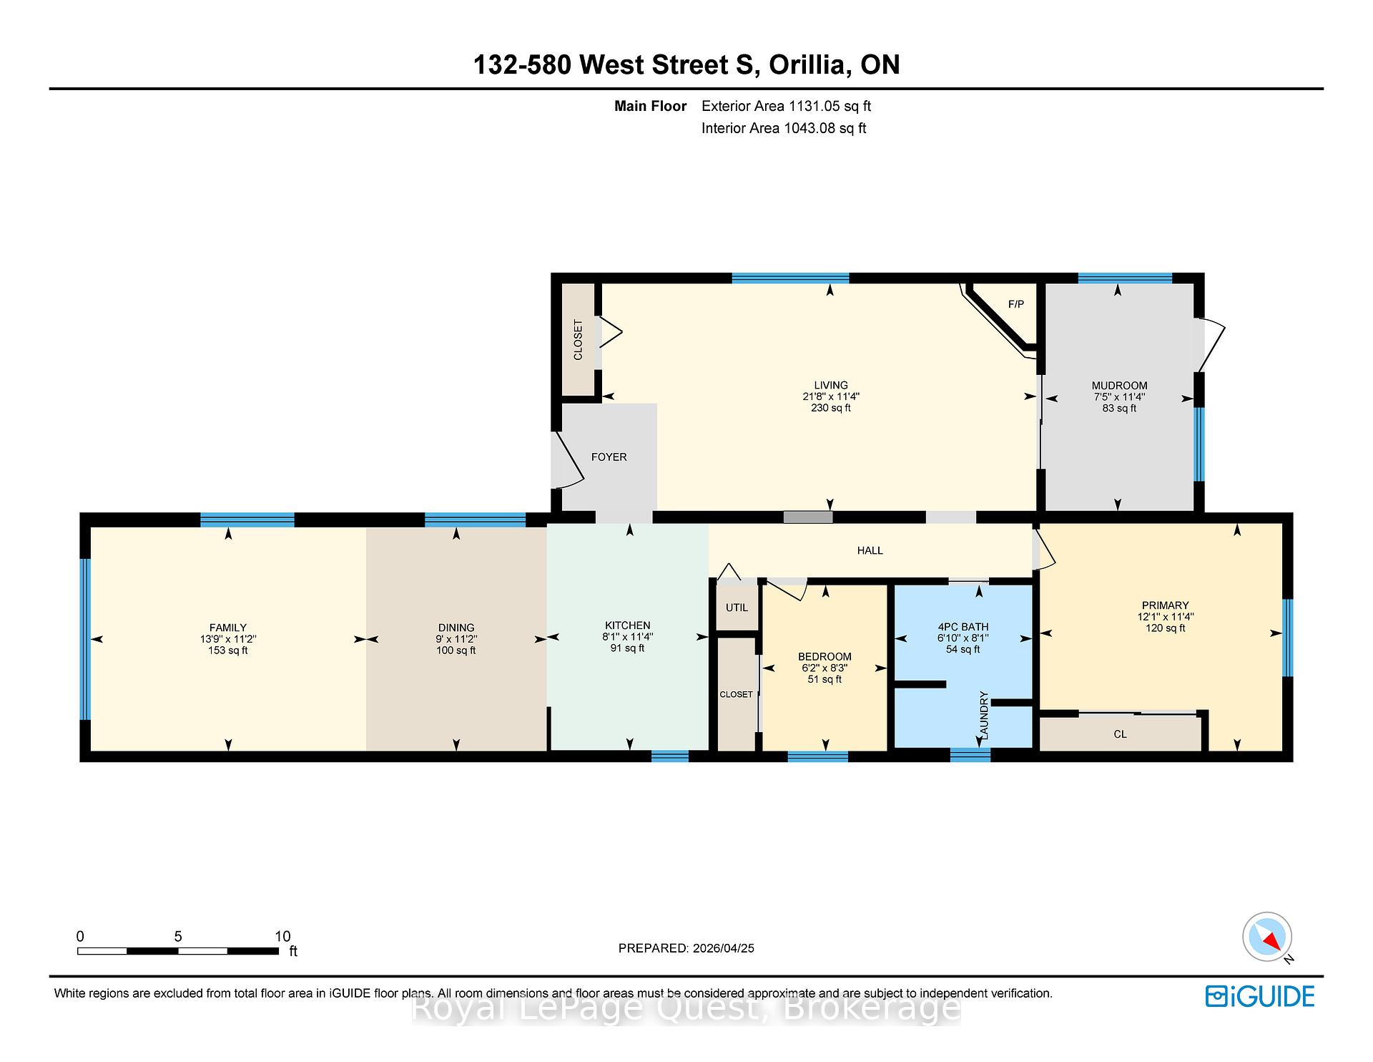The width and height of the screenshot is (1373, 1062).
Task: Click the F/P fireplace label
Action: click(1015, 304)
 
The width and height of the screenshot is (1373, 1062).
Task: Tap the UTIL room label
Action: click(737, 608)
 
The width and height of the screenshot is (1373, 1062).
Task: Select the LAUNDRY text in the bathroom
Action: click(983, 716)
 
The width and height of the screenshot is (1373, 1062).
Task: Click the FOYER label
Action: click(609, 457)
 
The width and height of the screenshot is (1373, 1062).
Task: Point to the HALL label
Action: click(870, 550)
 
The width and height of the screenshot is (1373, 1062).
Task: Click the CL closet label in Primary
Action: click(1120, 734)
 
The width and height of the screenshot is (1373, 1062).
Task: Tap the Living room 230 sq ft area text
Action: click(830, 408)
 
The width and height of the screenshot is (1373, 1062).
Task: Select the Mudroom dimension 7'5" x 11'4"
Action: click(1119, 396)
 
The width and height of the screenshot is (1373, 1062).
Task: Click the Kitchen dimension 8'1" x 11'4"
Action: click(627, 637)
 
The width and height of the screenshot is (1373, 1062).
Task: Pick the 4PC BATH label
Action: click(963, 627)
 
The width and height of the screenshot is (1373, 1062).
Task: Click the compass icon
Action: click(1266, 937)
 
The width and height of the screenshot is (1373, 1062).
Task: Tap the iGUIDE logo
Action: click(1259, 996)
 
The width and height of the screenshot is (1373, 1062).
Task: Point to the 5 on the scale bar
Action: click(178, 936)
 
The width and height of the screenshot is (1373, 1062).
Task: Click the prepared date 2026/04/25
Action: click(723, 948)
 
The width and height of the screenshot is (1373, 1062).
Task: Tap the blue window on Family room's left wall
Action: click(85, 638)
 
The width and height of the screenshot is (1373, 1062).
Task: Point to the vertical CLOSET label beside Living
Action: click(578, 339)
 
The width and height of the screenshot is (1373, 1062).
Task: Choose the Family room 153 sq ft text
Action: click(227, 651)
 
